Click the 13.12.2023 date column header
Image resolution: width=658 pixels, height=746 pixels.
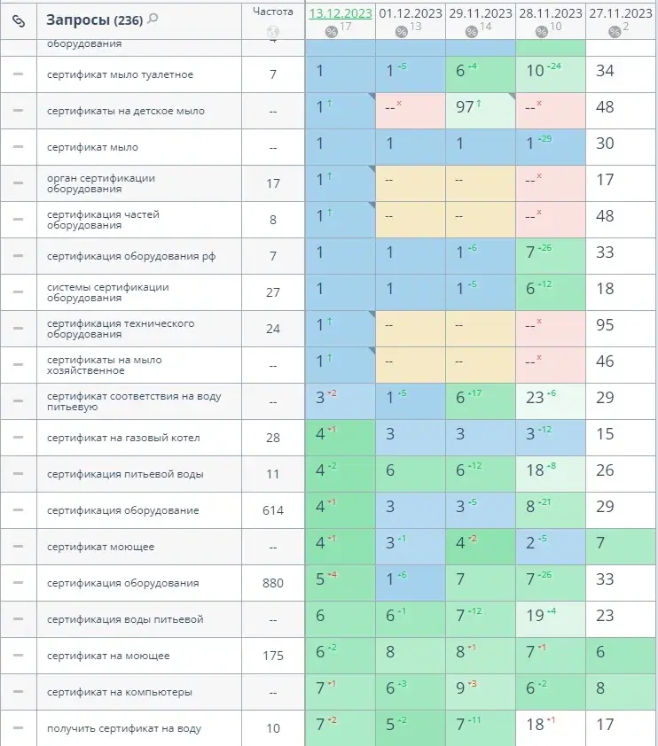(340, 13)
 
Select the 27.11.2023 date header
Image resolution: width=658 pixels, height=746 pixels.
(621, 13)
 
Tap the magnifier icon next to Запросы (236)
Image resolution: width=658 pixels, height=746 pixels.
(153, 19)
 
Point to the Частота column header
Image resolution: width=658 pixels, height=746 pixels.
(273, 12)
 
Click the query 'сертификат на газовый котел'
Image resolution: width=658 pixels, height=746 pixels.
(123, 438)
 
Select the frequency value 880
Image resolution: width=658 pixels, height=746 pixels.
(273, 583)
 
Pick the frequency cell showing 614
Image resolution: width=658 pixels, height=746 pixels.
(273, 510)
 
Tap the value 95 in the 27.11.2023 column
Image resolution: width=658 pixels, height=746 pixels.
(606, 329)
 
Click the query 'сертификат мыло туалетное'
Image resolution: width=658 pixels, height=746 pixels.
(121, 74)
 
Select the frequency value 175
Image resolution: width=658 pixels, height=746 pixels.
(273, 656)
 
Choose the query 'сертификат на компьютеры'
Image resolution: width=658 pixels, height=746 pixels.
(120, 692)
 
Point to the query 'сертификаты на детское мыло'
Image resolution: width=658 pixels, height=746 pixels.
(126, 111)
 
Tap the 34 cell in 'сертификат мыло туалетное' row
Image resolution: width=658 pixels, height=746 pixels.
(606, 74)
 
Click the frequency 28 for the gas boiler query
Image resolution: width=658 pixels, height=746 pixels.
(273, 438)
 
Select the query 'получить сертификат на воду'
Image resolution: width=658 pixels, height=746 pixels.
(124, 728)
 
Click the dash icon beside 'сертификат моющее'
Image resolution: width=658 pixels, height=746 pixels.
(19, 547)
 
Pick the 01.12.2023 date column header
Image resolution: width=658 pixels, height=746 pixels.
(410, 13)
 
